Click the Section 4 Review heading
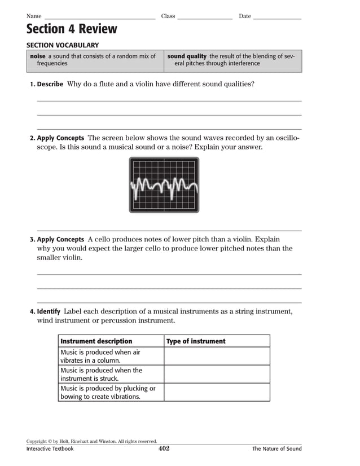click(x=72, y=29)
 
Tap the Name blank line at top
click(x=99, y=17)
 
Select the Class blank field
click(x=204, y=17)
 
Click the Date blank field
click(x=276, y=17)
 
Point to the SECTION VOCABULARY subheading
click(x=63, y=45)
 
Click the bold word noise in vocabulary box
click(x=37, y=56)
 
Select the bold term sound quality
click(x=187, y=56)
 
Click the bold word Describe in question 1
click(x=50, y=84)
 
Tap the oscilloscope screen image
click(x=164, y=184)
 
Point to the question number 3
click(x=32, y=239)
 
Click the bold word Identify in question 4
click(x=49, y=311)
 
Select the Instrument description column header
click(x=96, y=341)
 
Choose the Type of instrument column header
click(x=196, y=341)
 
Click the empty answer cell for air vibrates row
click(x=217, y=356)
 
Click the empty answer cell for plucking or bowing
click(x=217, y=392)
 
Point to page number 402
click(x=164, y=449)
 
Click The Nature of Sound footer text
click(x=276, y=449)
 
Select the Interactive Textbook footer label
click(x=50, y=449)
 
